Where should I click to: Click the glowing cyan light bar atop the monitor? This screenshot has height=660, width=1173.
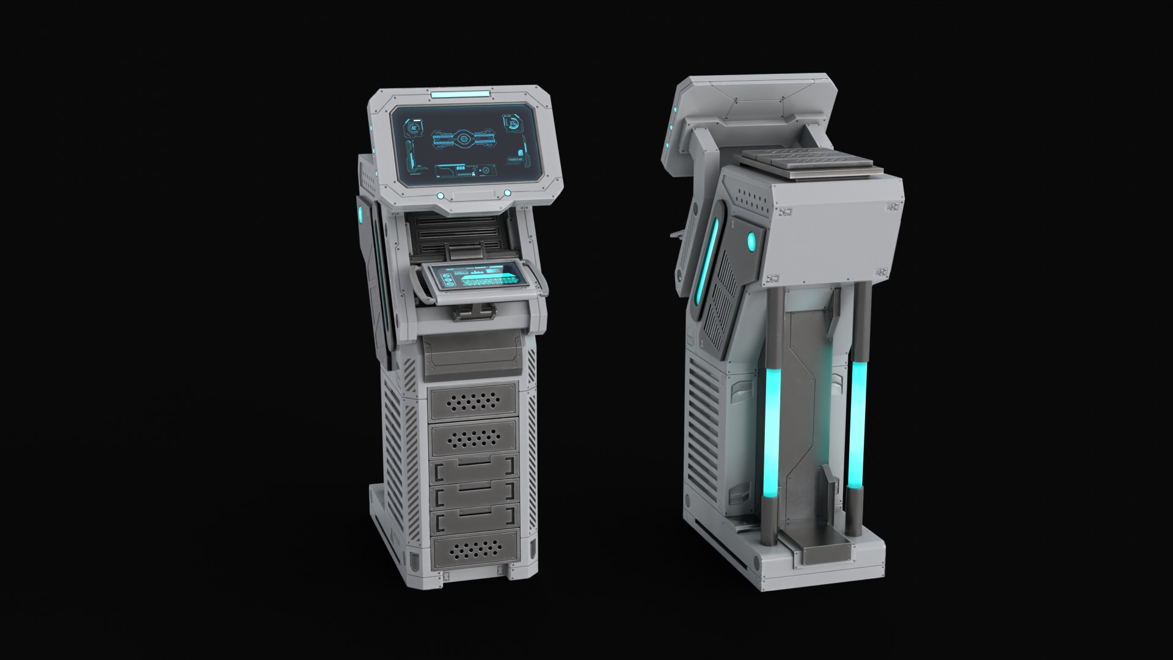(459, 95)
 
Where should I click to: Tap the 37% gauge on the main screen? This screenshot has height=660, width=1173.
(512, 123)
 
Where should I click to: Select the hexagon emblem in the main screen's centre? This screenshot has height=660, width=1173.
(464, 140)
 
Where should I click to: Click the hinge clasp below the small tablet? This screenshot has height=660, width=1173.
(472, 313)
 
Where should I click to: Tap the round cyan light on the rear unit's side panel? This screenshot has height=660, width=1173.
(751, 243)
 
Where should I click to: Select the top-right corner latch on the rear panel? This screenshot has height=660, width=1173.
(894, 208)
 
